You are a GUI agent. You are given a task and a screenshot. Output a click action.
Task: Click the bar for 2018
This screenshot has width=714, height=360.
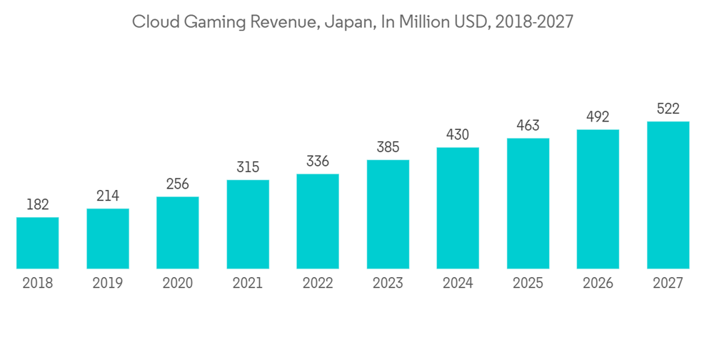pyautogui.click(x=38, y=243)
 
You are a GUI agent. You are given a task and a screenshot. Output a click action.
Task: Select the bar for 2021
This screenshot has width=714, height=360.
pyautogui.click(x=248, y=224)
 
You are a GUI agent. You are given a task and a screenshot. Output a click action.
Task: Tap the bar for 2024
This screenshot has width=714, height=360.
pyautogui.click(x=458, y=208)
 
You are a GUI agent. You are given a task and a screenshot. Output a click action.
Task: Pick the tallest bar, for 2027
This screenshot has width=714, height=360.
pyautogui.click(x=668, y=195)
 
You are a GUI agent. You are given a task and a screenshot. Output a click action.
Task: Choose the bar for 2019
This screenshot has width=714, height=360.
pyautogui.click(x=108, y=239)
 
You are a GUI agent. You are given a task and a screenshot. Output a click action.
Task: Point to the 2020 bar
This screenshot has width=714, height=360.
pyautogui.click(x=178, y=233)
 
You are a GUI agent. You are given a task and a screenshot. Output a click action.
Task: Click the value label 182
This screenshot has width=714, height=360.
pyautogui.click(x=38, y=205)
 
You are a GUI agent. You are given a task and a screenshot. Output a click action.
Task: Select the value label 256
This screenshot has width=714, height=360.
pyautogui.click(x=178, y=184)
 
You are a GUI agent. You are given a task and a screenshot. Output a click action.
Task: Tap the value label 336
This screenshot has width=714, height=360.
pyautogui.click(x=318, y=161)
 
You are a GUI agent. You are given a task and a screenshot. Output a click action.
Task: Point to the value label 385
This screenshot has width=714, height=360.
pyautogui.click(x=388, y=147)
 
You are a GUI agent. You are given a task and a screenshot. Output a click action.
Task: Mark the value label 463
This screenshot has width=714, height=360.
pyautogui.click(x=528, y=126)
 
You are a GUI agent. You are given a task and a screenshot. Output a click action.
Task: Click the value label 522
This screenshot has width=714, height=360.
pyautogui.click(x=668, y=109)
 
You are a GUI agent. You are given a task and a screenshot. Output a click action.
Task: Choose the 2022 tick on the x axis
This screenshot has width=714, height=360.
pyautogui.click(x=318, y=284)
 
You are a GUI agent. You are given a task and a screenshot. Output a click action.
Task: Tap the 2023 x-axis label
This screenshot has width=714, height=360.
pyautogui.click(x=388, y=284)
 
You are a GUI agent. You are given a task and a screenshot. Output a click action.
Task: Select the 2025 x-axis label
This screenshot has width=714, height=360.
pyautogui.click(x=528, y=284)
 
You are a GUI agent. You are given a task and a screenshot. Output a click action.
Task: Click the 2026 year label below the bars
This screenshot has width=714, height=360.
pyautogui.click(x=598, y=284)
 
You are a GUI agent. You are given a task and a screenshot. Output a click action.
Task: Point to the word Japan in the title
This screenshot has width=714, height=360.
pyautogui.click(x=346, y=23)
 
